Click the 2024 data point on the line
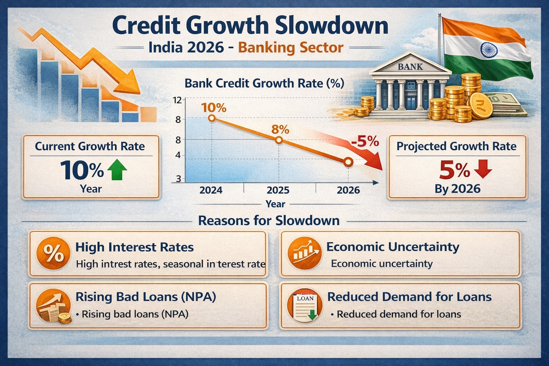[212, 118]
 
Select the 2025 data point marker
[279, 140]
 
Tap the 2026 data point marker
[348, 162]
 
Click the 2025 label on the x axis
[278, 190]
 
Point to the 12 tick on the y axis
[177, 100]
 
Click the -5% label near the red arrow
[365, 142]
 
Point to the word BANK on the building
[410, 66]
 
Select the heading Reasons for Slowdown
[269, 221]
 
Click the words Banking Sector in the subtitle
[291, 48]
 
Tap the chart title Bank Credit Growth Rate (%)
[264, 83]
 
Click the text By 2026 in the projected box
[457, 189]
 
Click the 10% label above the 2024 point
[214, 108]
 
